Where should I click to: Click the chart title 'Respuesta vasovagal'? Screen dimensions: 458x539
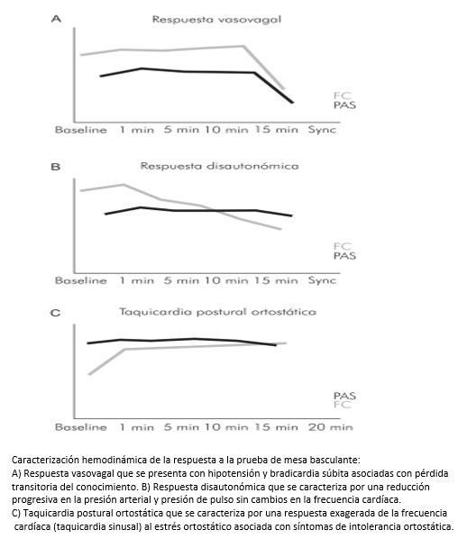216,20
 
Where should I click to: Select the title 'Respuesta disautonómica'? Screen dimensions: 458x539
219,166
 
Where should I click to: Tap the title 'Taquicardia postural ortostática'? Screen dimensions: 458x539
217,312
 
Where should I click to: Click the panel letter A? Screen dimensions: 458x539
57,19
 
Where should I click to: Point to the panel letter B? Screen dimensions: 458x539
55,167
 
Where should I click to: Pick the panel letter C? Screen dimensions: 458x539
55,313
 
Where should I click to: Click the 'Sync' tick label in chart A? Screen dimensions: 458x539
322,130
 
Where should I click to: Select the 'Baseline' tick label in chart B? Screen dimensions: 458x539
81,280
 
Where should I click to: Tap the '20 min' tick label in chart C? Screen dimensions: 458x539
331,427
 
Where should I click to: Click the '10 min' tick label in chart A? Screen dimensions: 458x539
226,130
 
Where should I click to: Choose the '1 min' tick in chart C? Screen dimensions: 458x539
136,427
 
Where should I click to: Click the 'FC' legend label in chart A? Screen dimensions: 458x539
342,96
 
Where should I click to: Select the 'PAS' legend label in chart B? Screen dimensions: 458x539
344,256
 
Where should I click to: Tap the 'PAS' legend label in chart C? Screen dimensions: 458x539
344,396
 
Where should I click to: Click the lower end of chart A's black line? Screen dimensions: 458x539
293,102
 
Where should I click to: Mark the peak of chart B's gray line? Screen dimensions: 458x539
124,185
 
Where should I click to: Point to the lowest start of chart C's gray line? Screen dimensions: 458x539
89,374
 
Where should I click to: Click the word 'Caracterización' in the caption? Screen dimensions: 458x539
46,460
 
